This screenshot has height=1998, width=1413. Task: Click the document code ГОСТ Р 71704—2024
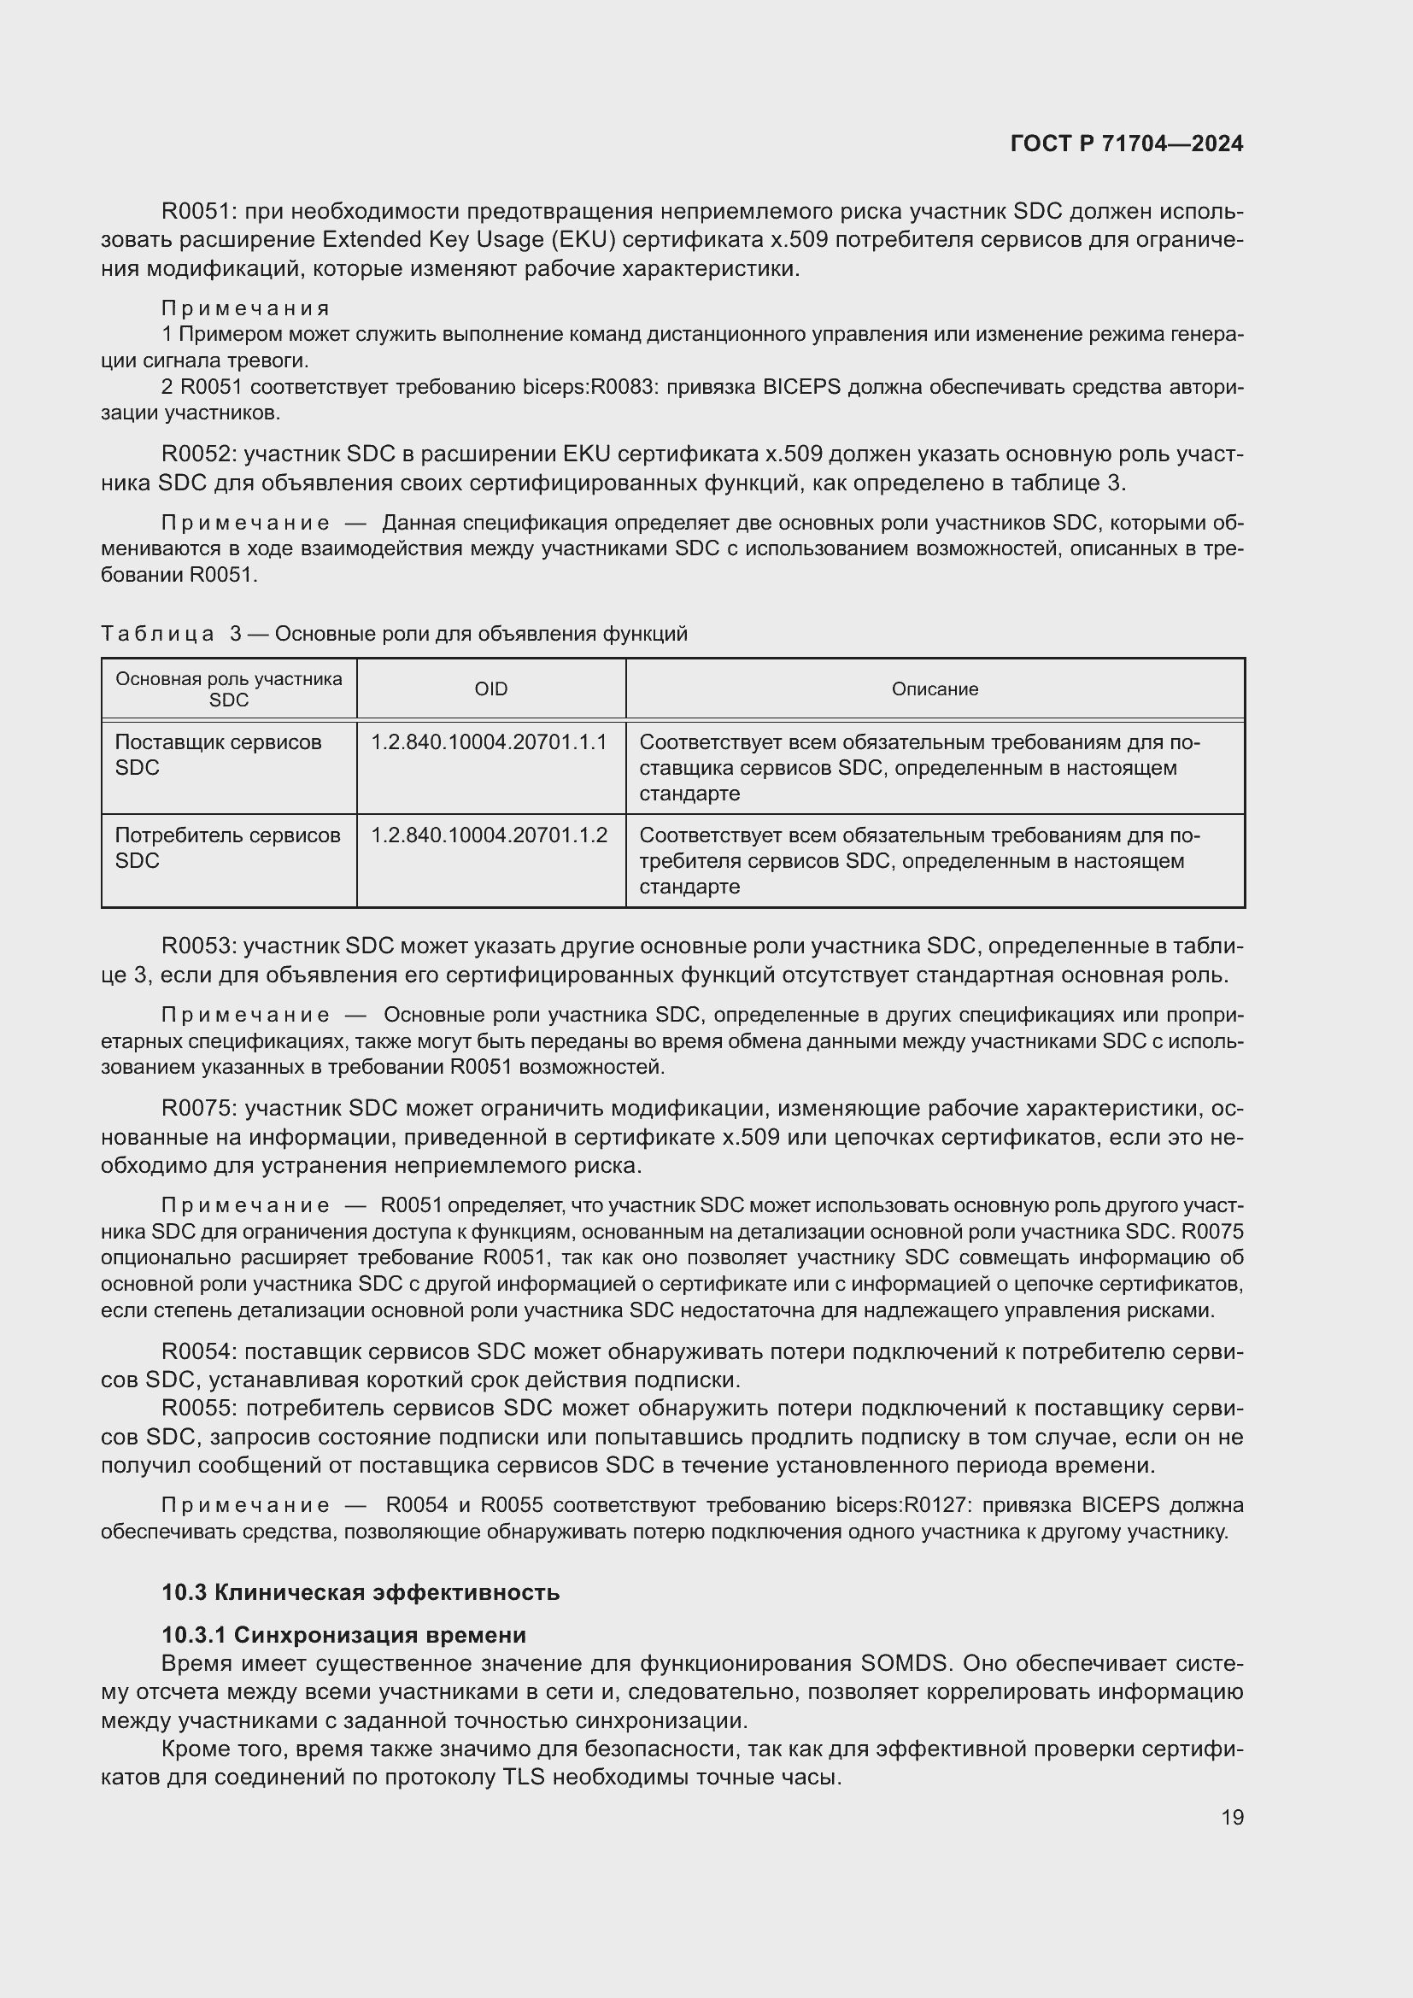point(1127,144)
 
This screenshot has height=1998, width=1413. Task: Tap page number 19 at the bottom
point(1232,1817)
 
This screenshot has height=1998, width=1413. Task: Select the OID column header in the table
point(490,689)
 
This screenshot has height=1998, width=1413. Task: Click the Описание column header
point(935,689)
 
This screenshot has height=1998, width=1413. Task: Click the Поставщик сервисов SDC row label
point(218,754)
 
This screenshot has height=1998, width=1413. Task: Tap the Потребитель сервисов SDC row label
point(227,847)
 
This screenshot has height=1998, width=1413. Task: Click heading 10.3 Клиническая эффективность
point(361,1592)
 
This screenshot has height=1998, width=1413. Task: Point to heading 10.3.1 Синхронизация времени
point(343,1634)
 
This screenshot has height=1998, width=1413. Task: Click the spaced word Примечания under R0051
point(245,308)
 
